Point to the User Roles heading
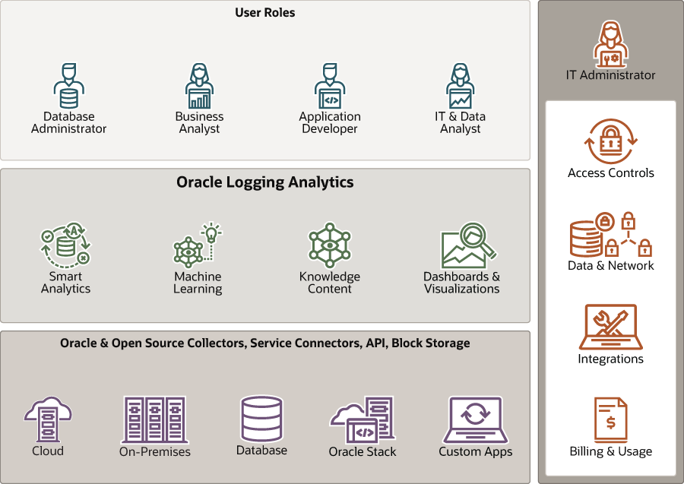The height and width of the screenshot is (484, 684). coord(265,13)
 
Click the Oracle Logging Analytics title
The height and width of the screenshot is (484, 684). coord(265,182)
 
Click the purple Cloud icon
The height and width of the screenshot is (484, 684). coord(48,419)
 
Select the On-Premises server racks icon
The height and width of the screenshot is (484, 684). coord(155,419)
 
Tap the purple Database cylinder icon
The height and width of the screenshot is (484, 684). coord(261,419)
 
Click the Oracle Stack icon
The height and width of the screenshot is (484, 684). coord(363,419)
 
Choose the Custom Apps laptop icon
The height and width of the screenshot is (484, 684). coord(475,419)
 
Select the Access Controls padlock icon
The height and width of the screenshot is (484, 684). coord(611,141)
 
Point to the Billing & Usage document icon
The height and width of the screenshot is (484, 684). coord(611,419)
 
